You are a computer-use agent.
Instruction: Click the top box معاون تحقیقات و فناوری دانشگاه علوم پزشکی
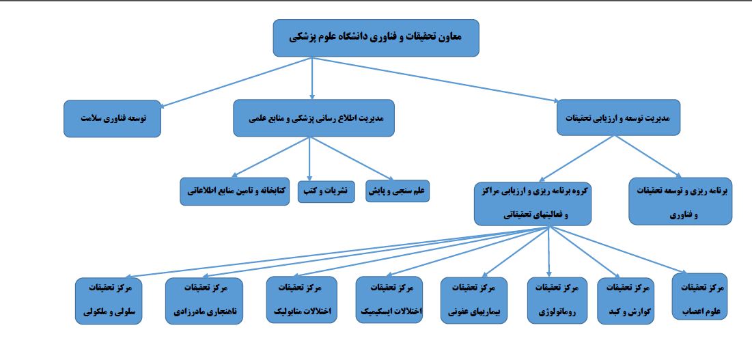click(x=376, y=38)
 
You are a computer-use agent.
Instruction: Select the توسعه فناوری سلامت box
click(x=112, y=118)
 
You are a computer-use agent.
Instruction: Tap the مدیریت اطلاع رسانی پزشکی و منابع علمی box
click(x=314, y=118)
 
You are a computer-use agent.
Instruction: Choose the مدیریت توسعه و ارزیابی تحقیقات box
click(x=618, y=117)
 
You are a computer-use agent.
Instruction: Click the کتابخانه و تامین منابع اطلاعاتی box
click(x=235, y=191)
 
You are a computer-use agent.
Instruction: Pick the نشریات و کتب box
click(x=326, y=192)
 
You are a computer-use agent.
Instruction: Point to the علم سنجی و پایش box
click(x=398, y=191)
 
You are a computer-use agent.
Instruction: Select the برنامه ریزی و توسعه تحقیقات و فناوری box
click(x=680, y=202)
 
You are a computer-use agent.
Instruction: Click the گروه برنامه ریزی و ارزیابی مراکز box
click(x=533, y=204)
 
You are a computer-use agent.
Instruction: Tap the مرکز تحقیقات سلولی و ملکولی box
click(x=110, y=301)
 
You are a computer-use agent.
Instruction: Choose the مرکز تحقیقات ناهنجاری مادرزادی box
click(x=204, y=301)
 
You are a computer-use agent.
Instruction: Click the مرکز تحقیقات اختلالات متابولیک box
click(x=302, y=300)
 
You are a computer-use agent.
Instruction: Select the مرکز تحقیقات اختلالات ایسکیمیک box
click(x=389, y=300)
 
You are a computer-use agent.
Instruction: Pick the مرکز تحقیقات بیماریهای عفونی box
click(x=474, y=301)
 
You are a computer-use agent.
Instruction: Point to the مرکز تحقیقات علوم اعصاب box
click(x=699, y=296)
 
